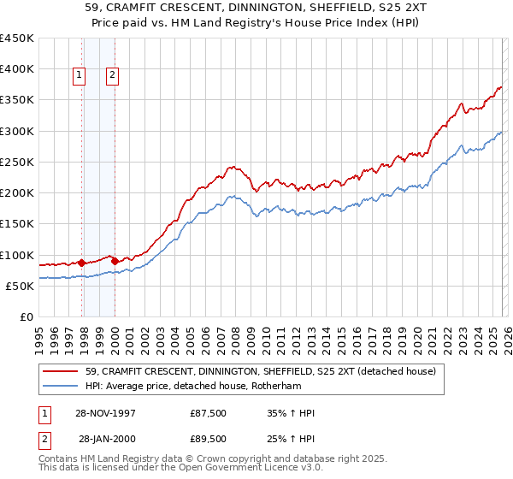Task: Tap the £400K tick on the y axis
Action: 17,69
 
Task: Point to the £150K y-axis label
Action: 17,224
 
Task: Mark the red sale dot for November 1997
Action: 82,263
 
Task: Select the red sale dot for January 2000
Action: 115,260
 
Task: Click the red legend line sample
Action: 61,371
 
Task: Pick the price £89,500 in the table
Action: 209,438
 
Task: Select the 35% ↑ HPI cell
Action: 290,413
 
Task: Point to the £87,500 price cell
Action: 209,413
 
